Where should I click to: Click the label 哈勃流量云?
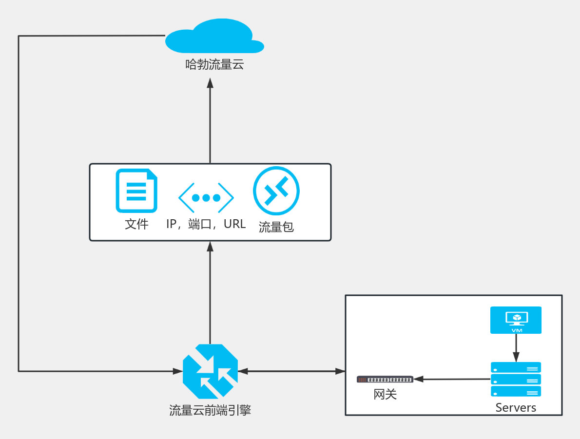click(214, 64)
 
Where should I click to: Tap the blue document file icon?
click(136, 191)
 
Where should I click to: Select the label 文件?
click(136, 224)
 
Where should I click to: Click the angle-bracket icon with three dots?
click(206, 197)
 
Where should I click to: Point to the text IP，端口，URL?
click(206, 224)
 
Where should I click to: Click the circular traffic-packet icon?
click(276, 191)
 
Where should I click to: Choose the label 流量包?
click(276, 227)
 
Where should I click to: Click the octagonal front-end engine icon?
click(210, 371)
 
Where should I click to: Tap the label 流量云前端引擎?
click(210, 410)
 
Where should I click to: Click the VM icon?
click(516, 320)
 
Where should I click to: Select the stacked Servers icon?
click(516, 379)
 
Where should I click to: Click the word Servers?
click(516, 407)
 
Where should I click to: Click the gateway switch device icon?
click(385, 379)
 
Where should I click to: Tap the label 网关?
click(385, 394)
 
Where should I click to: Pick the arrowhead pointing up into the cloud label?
click(210, 82)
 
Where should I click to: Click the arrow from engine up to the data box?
click(210, 292)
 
